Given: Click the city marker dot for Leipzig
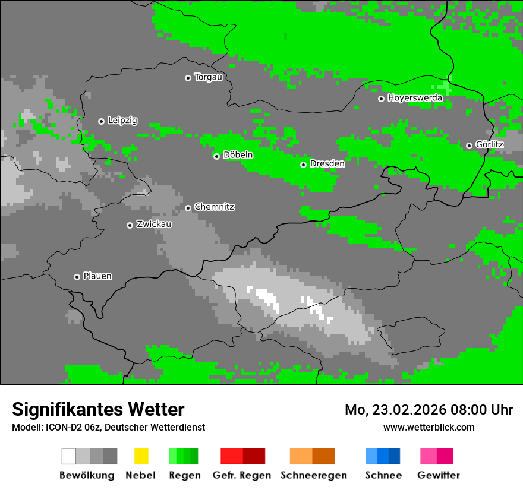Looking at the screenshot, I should coord(101,121).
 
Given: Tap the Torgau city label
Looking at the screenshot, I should coord(208,77).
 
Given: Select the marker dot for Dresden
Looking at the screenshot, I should coord(303,165).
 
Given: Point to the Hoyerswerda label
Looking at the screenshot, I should coord(415,97).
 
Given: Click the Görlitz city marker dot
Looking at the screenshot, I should coord(469,146).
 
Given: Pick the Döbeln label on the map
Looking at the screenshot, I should coord(238,155).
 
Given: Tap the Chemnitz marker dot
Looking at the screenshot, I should coord(188,208).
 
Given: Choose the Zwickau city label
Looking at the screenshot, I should coord(154,224).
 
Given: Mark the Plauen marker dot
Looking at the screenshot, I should coord(77,277).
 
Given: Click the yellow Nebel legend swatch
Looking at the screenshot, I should coord(141,456).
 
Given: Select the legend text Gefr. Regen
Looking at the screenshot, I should coord(242,475).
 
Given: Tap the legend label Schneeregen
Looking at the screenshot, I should coord(314,475).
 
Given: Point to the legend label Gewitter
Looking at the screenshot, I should coord(439,475).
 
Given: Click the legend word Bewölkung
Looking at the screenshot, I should coord(87,475).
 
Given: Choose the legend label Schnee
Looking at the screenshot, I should coord(383,475).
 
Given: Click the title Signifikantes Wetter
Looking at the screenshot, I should coord(98,409).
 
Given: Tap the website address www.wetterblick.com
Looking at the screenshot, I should coord(429,427).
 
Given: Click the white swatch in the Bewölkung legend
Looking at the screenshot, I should coord(69,456).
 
